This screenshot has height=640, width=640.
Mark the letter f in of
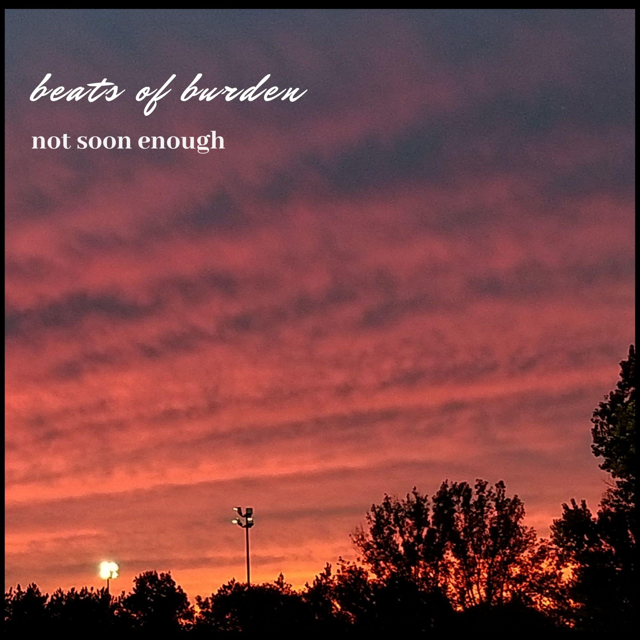pos(161,95)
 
